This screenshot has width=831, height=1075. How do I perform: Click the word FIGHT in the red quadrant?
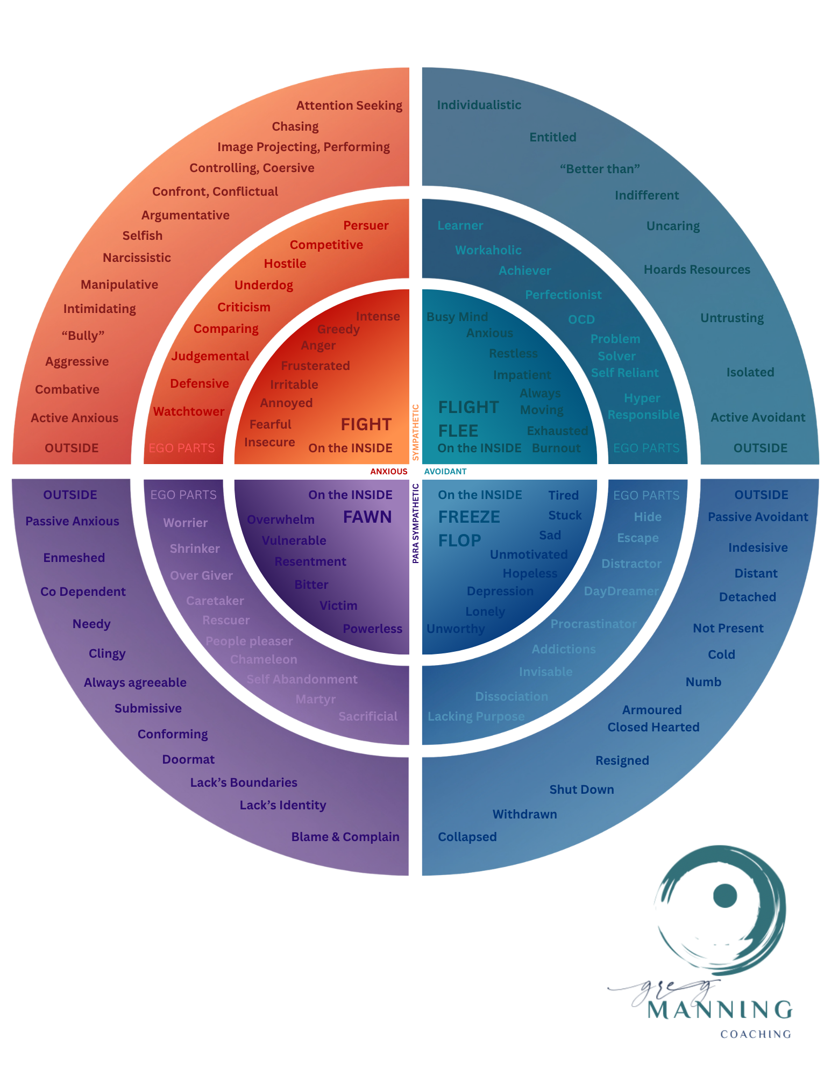pyautogui.click(x=366, y=424)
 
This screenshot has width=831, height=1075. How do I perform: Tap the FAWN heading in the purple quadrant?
pyautogui.click(x=367, y=517)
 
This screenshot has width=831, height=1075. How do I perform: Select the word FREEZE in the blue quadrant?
pyautogui.click(x=469, y=517)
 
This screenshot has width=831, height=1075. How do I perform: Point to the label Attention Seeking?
pyautogui.click(x=349, y=105)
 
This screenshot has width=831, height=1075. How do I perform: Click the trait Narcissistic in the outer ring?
pyautogui.click(x=137, y=258)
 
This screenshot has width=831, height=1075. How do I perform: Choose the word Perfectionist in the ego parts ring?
pyautogui.click(x=563, y=295)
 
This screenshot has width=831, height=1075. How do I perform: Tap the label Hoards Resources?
pyautogui.click(x=697, y=269)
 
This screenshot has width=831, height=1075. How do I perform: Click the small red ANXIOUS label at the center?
pyautogui.click(x=388, y=472)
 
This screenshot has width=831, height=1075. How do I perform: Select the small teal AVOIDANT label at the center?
pyautogui.click(x=445, y=472)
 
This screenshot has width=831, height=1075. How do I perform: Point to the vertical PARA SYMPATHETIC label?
pyautogui.click(x=416, y=523)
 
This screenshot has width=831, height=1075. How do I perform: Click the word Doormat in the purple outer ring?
pyautogui.click(x=188, y=759)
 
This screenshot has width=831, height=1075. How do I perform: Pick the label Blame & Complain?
pyautogui.click(x=345, y=837)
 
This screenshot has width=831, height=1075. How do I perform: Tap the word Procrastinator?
pyautogui.click(x=593, y=624)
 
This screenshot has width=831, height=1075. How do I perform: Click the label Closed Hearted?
pyautogui.click(x=653, y=727)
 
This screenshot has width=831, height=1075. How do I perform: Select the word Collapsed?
pyautogui.click(x=467, y=837)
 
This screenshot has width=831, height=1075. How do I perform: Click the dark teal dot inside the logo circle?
pyautogui.click(x=725, y=896)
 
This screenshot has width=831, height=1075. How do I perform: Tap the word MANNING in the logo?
pyautogui.click(x=720, y=1010)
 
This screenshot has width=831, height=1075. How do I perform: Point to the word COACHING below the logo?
pyautogui.click(x=755, y=1034)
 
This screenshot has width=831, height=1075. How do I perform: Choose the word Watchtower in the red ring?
pyautogui.click(x=188, y=411)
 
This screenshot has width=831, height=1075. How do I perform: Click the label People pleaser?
pyautogui.click(x=249, y=641)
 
